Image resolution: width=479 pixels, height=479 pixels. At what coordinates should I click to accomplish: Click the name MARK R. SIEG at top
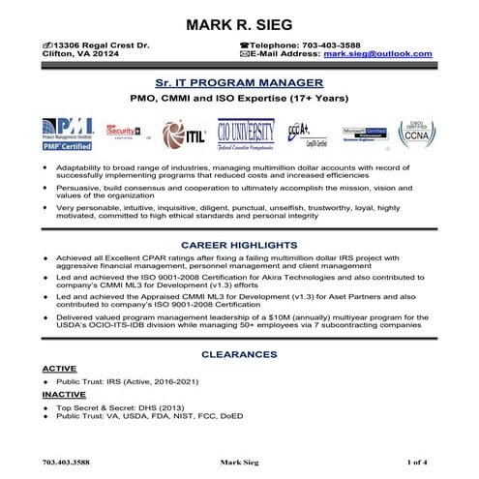pos(239,23)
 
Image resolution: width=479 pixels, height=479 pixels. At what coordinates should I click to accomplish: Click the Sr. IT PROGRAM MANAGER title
pos(239,84)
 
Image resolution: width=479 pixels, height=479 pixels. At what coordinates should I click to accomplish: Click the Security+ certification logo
pos(125,132)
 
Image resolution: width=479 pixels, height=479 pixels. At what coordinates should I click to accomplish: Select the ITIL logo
pos(184,133)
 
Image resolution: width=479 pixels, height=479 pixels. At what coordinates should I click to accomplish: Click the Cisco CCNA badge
pos(414,132)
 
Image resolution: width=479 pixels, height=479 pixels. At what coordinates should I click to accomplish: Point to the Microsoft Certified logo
pos(363,134)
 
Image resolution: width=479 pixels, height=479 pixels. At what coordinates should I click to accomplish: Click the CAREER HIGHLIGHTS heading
pos(239,246)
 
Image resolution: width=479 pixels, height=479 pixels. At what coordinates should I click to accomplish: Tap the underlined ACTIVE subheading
pos(59,370)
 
